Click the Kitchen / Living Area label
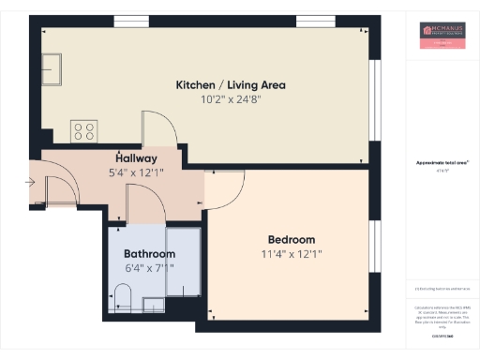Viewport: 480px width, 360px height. click(231, 85)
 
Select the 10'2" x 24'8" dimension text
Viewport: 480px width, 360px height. click(231, 98)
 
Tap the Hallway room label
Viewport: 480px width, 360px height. click(136, 158)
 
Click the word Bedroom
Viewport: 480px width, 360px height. click(292, 239)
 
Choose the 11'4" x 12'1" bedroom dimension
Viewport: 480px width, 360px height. click(292, 253)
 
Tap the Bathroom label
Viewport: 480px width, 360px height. click(149, 254)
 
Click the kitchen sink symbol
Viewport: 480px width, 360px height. click(53, 67)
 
